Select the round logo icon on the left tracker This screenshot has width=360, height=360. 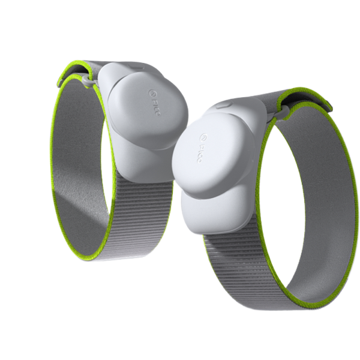(151, 92)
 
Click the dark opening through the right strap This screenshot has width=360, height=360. (282, 198)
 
